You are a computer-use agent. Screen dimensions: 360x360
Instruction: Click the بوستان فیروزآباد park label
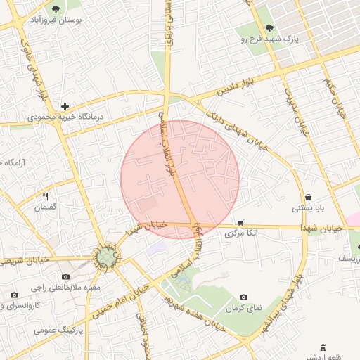(56, 21)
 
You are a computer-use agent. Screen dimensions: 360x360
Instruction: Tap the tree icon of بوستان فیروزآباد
(56, 9)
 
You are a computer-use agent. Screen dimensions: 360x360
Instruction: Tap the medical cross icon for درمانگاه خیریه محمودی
(65, 105)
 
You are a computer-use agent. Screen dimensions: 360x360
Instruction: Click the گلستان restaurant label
(45, 208)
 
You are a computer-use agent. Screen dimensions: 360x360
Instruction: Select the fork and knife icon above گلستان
(45, 197)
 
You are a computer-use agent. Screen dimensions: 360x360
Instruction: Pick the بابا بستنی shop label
(309, 208)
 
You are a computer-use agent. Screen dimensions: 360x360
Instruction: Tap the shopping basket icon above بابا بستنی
(309, 197)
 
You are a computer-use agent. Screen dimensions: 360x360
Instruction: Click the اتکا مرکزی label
(241, 233)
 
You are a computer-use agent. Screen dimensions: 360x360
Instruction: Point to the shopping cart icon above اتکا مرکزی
(241, 222)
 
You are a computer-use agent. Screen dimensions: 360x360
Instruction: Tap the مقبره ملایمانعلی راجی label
(66, 288)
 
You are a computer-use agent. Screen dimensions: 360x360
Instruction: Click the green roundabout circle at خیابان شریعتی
(106, 259)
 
